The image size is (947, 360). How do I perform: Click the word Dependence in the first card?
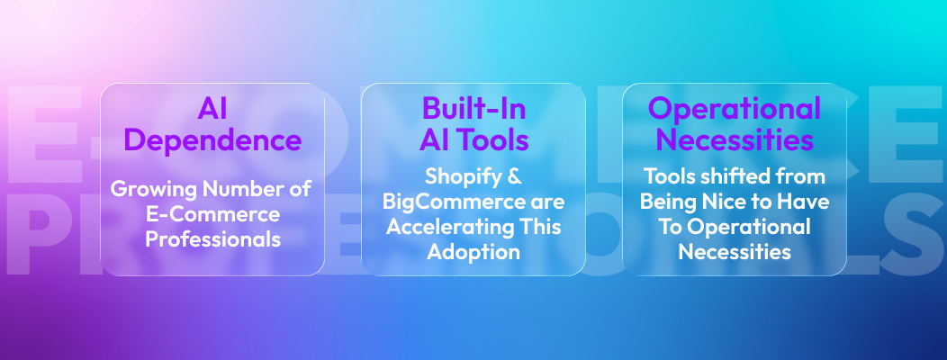pyautogui.click(x=212, y=140)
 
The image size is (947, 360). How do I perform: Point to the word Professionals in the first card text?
pyautogui.click(x=212, y=240)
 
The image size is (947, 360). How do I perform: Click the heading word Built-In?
pyautogui.click(x=474, y=110)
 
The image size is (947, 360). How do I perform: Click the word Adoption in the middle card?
pyautogui.click(x=474, y=252)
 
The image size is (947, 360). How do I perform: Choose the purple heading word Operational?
pyautogui.click(x=735, y=110)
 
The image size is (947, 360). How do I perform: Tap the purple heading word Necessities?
pyautogui.click(x=735, y=140)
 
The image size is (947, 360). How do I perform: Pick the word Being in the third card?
pyautogui.click(x=665, y=202)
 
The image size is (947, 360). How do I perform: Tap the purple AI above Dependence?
pyautogui.click(x=212, y=110)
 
